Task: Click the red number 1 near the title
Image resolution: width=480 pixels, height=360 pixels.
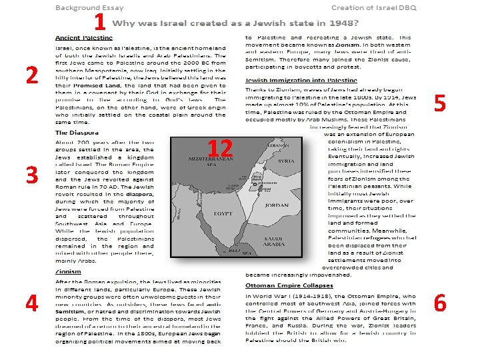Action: (99, 23)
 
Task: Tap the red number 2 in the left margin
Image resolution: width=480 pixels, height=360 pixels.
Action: (31, 76)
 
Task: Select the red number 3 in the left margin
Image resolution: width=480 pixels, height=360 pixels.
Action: (31, 175)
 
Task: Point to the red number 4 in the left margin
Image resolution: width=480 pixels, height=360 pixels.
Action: (31, 303)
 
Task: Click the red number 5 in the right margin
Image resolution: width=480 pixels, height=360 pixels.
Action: (440, 103)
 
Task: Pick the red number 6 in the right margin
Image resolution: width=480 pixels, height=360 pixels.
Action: (440, 303)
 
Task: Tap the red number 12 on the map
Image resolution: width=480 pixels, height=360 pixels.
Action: (220, 148)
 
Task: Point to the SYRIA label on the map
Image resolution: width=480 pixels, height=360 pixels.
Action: (285, 161)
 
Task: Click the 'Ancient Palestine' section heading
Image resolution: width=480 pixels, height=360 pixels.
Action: (84, 38)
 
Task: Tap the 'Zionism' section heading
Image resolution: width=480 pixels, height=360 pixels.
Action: (68, 272)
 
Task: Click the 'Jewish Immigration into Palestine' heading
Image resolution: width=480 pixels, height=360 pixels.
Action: (293, 80)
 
